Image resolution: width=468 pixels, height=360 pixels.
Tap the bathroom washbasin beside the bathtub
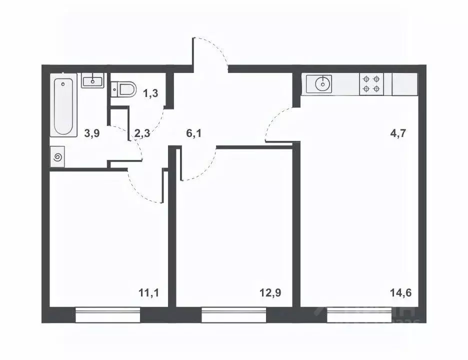point(92,80)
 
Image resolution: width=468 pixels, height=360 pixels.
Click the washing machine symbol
point(57,157)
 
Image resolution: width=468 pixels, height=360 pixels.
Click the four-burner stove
point(371,84)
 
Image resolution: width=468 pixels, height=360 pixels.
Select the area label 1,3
point(150,92)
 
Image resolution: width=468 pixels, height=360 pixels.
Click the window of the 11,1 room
point(108,315)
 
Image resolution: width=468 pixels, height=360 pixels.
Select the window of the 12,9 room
point(234,315)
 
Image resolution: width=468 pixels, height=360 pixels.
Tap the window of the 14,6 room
point(359,315)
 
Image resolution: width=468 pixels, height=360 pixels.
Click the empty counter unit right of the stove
point(404,84)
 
